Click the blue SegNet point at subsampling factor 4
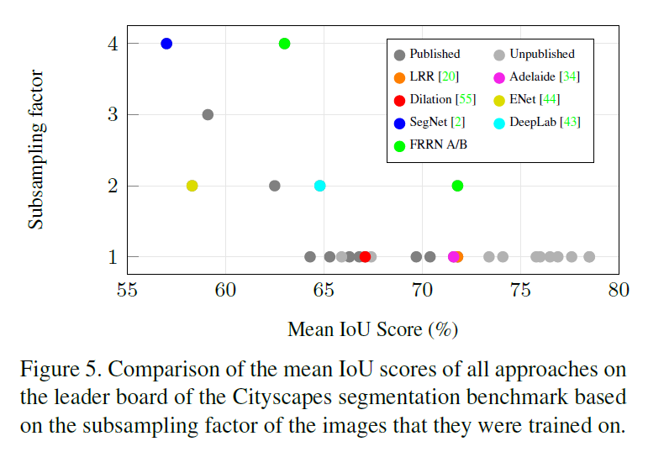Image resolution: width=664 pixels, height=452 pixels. [x=166, y=44]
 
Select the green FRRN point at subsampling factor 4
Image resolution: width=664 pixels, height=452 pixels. [x=284, y=44]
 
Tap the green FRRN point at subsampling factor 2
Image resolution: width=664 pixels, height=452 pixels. [x=457, y=186]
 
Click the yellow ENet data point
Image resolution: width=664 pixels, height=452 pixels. [x=192, y=186]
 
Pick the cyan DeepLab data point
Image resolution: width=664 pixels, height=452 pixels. [x=319, y=186]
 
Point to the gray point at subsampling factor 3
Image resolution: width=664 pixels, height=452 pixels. [x=208, y=114]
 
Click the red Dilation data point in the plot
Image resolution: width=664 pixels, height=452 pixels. [x=365, y=257]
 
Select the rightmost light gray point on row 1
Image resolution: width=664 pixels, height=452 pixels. [x=589, y=257]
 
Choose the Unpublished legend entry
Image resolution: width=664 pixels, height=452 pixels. [x=535, y=55]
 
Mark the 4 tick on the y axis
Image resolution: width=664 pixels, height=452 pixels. [x=112, y=44]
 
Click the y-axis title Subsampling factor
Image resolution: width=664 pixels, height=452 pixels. [x=36, y=150]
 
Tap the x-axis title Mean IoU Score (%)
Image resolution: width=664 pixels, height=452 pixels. [x=372, y=328]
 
